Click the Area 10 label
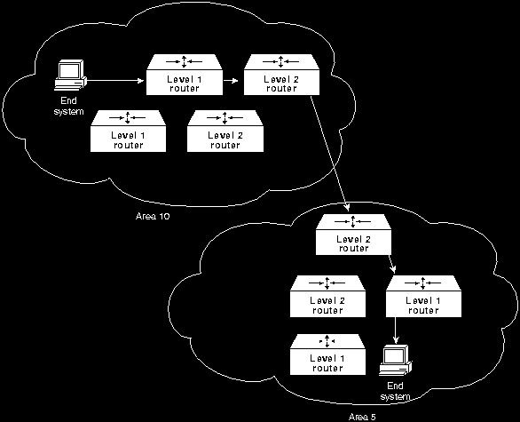point(153,216)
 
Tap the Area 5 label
point(362,417)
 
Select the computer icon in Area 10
point(70,75)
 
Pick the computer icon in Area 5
point(396,361)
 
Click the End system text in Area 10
point(68,106)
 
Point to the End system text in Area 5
point(395,392)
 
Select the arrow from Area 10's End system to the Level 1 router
point(115,80)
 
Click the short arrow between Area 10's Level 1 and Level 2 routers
point(231,80)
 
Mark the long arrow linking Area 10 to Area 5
point(329,154)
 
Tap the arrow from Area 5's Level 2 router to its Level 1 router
point(391,264)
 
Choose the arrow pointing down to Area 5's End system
point(395,330)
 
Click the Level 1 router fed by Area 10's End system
point(185,75)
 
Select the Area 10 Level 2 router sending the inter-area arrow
point(281,75)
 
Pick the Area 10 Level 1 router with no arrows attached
point(129,131)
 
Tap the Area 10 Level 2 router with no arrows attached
point(225,131)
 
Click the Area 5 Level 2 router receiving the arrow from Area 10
point(353,235)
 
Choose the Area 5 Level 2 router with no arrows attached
point(327,296)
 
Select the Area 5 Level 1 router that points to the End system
point(423,296)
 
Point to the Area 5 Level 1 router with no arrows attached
point(327,354)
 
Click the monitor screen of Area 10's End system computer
point(68,70)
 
